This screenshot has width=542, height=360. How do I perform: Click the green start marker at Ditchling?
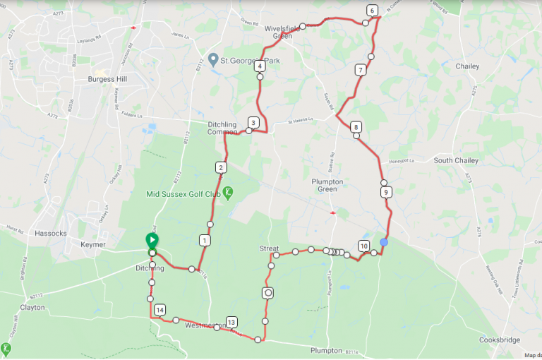(x=152, y=241)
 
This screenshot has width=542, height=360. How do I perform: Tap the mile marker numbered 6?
(x=372, y=10)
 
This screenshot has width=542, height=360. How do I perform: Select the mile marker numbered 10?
(x=363, y=246)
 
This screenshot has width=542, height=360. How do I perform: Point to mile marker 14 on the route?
(x=160, y=310)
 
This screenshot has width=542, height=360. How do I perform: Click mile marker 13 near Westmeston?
(x=231, y=322)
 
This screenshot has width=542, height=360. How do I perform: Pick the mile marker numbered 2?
(x=221, y=167)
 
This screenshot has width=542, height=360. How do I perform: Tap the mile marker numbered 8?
(x=356, y=127)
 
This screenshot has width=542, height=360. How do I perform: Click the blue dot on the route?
(x=384, y=242)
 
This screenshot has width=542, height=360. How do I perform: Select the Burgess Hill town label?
(x=106, y=80)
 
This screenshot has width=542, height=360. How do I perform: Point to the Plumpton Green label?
(x=327, y=185)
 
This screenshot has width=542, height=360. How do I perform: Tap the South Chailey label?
(x=456, y=160)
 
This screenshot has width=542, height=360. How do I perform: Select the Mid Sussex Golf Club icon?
(x=229, y=191)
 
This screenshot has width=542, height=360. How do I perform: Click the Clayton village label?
(x=32, y=308)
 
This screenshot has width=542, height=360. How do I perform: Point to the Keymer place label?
(x=93, y=244)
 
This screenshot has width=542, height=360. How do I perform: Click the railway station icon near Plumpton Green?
(x=332, y=210)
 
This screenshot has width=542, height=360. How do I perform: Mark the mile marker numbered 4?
(x=260, y=66)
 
